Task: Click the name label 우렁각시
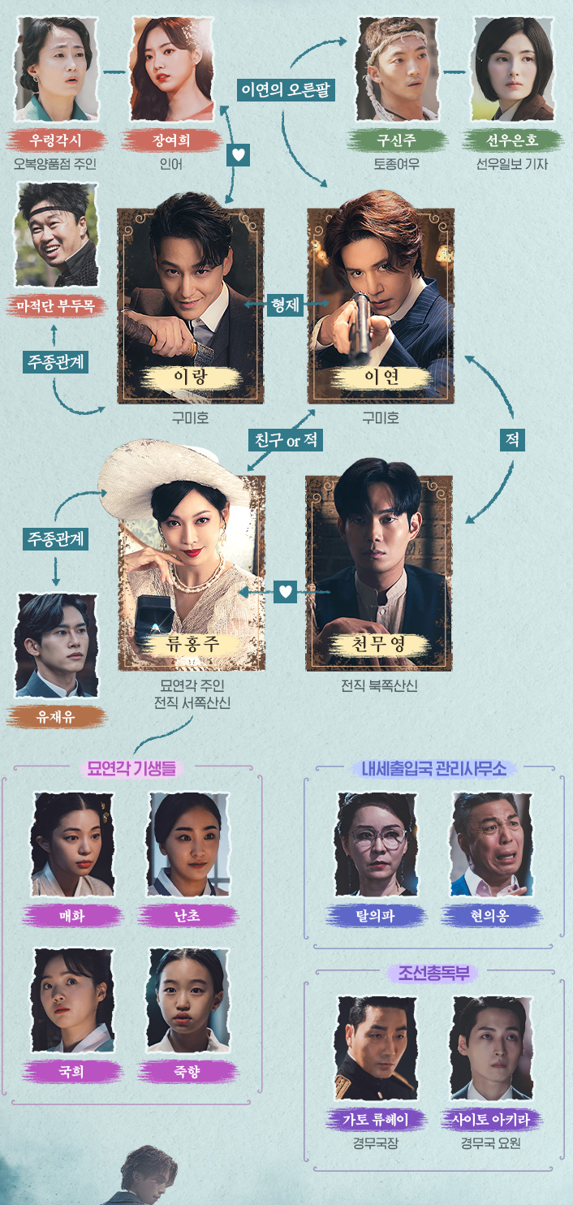56,140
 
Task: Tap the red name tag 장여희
171,140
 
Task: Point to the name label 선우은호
514,140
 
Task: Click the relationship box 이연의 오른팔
286,89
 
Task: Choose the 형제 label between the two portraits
285,305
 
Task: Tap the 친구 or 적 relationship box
285,440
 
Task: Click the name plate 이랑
191,377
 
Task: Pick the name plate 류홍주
192,645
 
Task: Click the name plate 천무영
379,645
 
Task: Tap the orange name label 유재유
56,717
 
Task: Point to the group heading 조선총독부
433,973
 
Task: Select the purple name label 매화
72,916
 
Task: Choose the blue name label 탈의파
376,916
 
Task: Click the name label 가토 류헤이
376,1120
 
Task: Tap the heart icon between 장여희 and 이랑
237,154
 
